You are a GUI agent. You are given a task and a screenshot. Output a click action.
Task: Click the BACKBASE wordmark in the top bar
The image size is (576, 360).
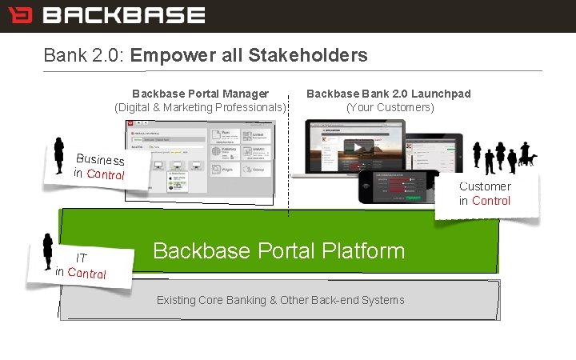click(123, 15)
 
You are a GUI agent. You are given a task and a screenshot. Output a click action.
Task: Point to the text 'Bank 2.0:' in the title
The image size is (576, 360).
click(84, 55)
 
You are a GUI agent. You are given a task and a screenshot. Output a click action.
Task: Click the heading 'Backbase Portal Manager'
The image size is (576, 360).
click(200, 94)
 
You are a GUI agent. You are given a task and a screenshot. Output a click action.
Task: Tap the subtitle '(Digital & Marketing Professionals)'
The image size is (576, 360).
click(200, 107)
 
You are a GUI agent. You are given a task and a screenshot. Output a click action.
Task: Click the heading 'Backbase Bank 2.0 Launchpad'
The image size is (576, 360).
click(389, 94)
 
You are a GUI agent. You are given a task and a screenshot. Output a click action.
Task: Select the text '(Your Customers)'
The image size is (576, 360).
click(390, 107)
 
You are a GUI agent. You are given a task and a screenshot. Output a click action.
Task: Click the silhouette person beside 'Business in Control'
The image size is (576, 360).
click(58, 154)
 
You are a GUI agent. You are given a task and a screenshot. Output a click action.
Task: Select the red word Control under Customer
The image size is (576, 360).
click(490, 201)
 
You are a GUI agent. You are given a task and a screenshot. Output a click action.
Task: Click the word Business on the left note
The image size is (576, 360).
click(100, 159)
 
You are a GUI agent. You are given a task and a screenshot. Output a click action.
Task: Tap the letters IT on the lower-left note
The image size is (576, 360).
click(81, 258)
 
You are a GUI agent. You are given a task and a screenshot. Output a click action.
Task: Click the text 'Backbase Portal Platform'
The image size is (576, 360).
click(278, 250)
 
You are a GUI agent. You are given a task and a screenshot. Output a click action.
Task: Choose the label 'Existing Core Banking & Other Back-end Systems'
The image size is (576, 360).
click(280, 300)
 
